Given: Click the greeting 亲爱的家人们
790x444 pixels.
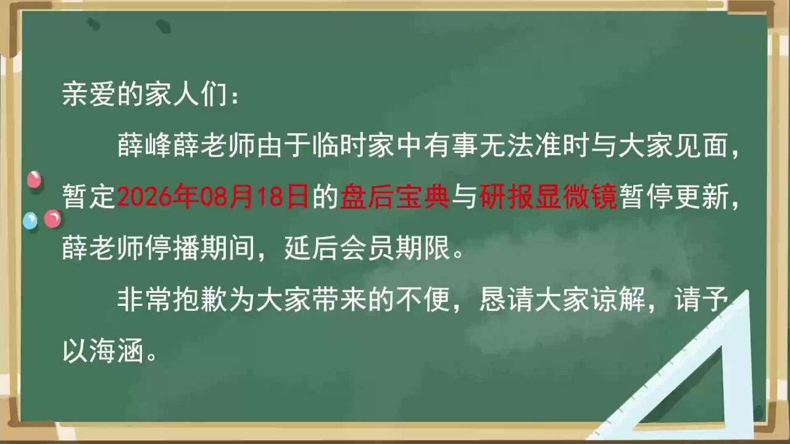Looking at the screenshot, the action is point(144,94).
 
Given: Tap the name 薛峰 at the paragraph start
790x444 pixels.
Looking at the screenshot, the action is point(144,146).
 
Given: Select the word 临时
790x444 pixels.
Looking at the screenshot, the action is point(339,146).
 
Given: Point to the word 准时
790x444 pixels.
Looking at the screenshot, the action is point(562,146).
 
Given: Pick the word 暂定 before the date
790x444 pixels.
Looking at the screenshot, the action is point(89,197).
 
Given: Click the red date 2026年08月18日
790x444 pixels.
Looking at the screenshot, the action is point(213,197).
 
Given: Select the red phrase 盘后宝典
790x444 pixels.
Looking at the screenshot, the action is point(394,197).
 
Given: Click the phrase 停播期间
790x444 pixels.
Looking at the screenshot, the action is point(200,248).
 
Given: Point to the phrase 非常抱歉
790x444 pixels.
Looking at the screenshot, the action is point(172,300).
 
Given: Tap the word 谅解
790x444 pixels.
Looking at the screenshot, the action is point(617,300).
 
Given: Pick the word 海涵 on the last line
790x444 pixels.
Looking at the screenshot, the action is point(117,351).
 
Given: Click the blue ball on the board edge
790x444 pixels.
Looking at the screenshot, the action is point(30,221).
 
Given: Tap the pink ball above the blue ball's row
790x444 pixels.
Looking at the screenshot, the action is point(34,179).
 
